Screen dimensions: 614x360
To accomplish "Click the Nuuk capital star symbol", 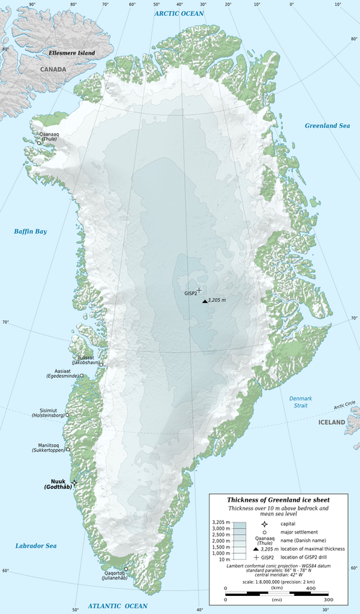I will [x=75, y=482].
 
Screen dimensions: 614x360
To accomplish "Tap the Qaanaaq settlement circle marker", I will [x=39, y=142].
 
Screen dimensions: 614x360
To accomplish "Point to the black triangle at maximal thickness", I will [x=204, y=301].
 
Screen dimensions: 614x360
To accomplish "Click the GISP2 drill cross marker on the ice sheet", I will [x=199, y=290].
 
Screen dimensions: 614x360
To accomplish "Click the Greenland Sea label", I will [x=327, y=126].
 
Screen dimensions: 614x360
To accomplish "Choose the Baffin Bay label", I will [x=30, y=231].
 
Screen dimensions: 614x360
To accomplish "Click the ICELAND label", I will [x=332, y=422].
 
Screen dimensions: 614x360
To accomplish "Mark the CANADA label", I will [x=53, y=70].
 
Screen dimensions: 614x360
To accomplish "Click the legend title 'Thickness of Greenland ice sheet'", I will [x=282, y=500].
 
